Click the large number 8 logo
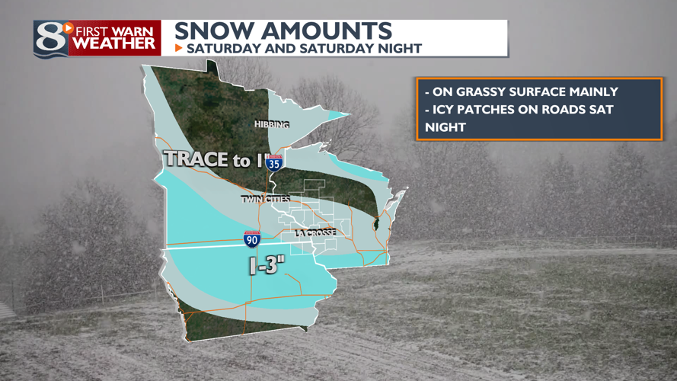click(x=51, y=38)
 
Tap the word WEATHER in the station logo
click(x=114, y=45)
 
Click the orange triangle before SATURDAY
click(x=179, y=48)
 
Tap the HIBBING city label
click(x=272, y=124)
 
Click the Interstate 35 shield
click(x=276, y=162)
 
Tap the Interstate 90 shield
click(x=252, y=239)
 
